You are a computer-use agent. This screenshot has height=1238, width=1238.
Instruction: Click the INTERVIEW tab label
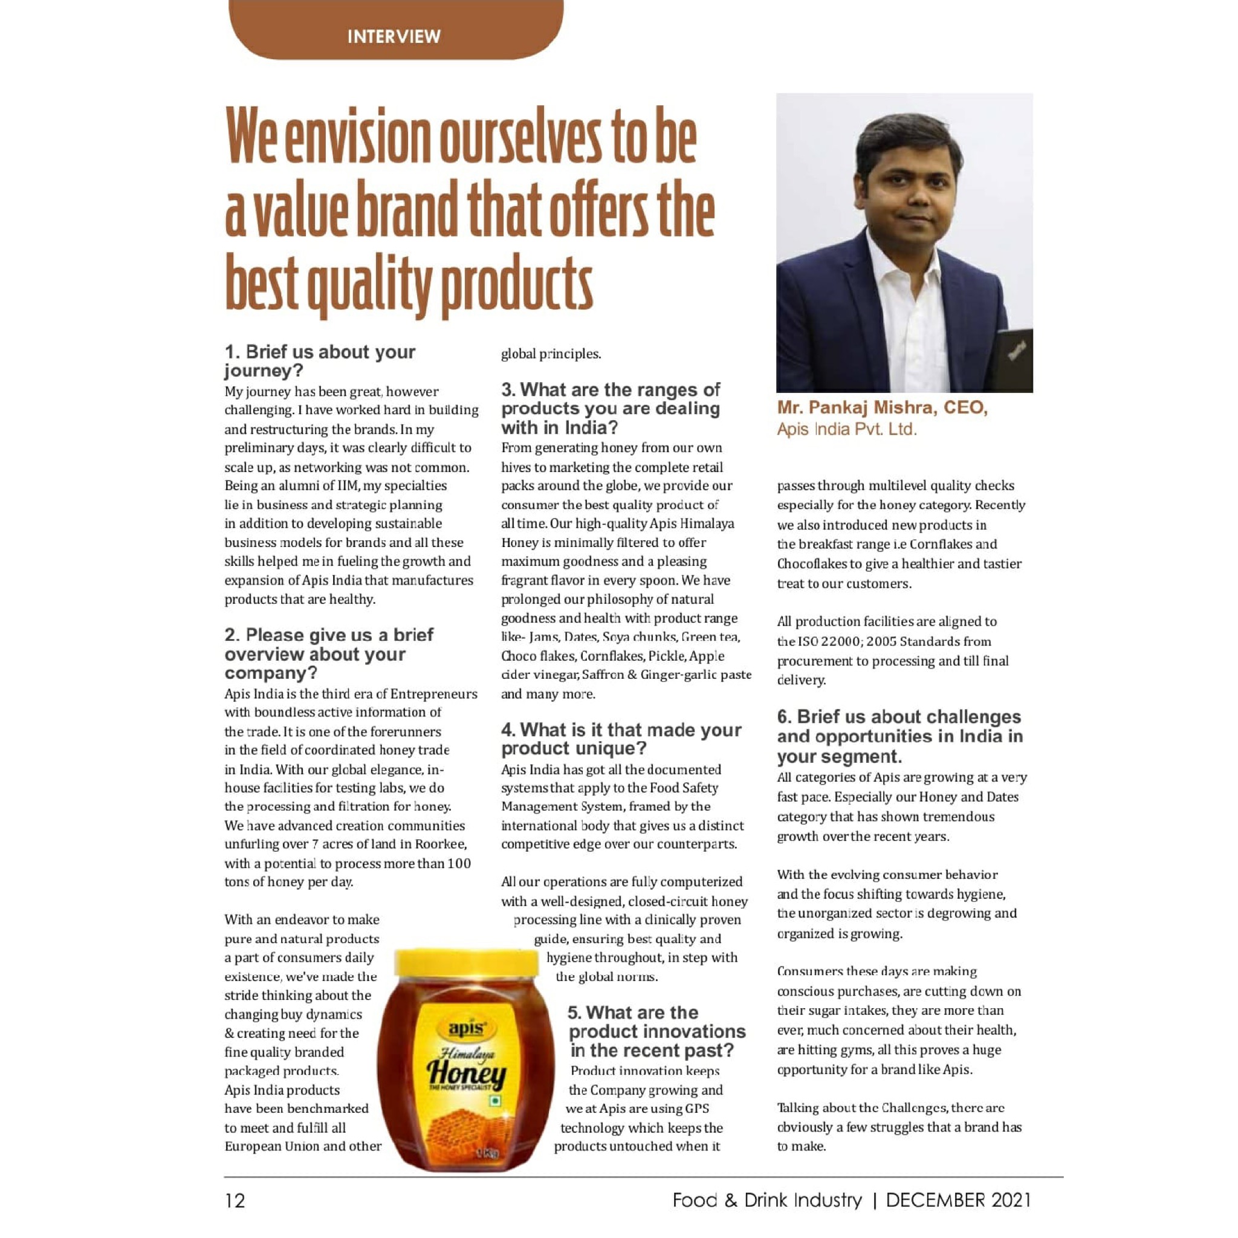click(x=394, y=36)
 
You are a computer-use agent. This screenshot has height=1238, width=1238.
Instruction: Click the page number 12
click(x=235, y=1200)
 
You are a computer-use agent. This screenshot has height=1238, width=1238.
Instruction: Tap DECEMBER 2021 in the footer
click(x=958, y=1199)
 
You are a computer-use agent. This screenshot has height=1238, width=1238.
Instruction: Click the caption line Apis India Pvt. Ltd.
click(x=846, y=429)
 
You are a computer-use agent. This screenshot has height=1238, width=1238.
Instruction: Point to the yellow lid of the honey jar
click(x=466, y=963)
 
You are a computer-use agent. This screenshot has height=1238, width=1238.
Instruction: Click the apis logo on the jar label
click(x=467, y=1027)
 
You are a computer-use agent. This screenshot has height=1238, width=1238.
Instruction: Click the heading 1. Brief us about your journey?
click(x=320, y=361)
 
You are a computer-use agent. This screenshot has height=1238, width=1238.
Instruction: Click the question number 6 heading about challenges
click(x=899, y=736)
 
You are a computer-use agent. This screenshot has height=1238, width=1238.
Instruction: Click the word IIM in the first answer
click(x=346, y=486)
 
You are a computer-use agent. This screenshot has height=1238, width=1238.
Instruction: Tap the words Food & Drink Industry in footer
click(x=766, y=1199)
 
